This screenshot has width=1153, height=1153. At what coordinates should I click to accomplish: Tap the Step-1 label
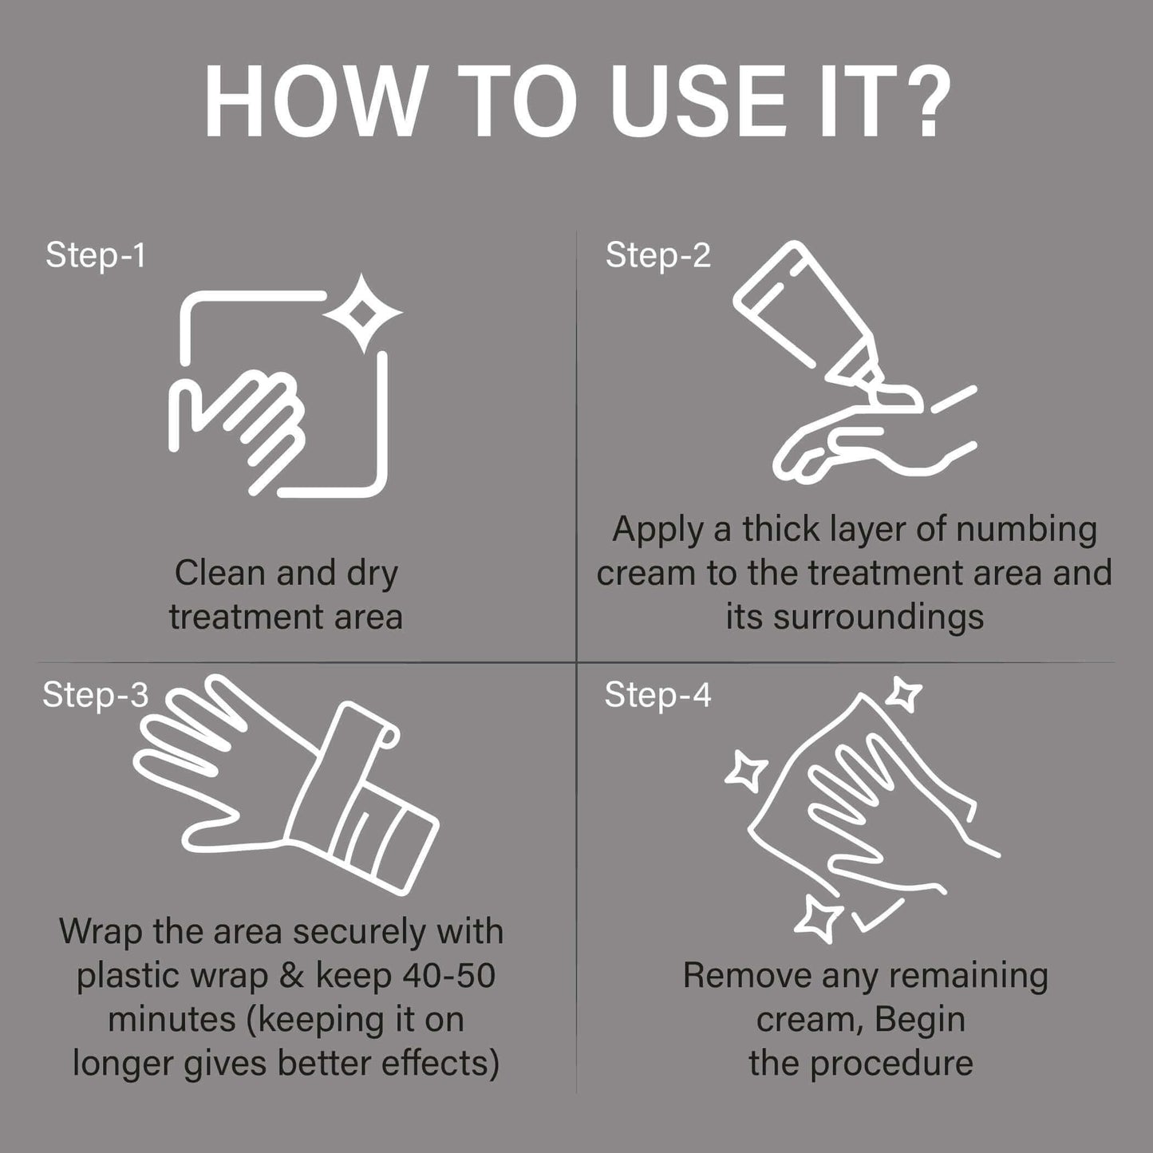pyautogui.click(x=96, y=256)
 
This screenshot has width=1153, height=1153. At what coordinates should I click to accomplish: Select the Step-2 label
pyautogui.click(x=657, y=256)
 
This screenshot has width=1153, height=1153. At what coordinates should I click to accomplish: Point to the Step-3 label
pyautogui.click(x=95, y=695)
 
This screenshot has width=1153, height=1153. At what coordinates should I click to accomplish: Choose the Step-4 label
pyautogui.click(x=657, y=695)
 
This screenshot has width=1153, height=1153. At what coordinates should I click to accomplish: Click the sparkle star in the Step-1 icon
pyautogui.click(x=362, y=313)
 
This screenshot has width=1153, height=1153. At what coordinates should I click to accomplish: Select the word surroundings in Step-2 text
pyautogui.click(x=879, y=618)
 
